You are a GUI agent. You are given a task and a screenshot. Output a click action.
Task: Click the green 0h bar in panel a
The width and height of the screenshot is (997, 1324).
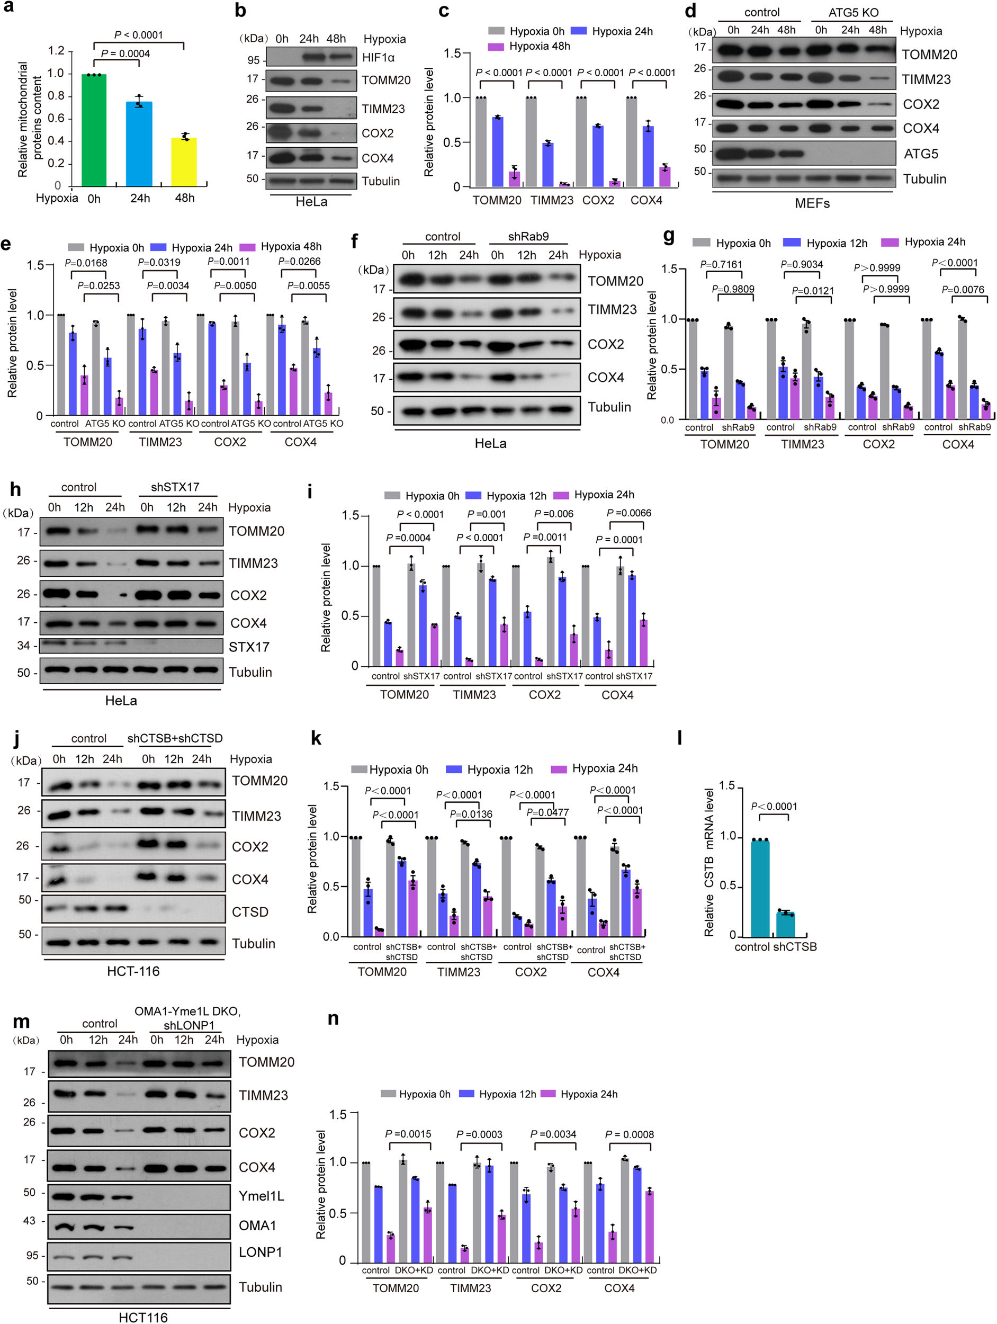(94, 130)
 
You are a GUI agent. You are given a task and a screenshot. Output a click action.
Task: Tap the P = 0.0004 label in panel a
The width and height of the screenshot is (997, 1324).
(125, 54)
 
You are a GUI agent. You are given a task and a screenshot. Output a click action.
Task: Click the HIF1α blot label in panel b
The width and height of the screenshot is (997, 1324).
(378, 57)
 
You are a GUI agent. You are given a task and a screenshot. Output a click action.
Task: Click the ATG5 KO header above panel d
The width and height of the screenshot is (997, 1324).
(853, 13)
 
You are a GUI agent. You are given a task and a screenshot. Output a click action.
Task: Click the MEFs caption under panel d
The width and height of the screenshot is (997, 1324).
(812, 203)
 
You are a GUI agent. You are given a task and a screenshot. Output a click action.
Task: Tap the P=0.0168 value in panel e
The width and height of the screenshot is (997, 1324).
(86, 262)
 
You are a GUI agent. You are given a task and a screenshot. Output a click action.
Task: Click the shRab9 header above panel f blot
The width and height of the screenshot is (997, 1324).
(528, 236)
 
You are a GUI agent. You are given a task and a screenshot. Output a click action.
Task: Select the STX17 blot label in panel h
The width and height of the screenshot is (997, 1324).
(249, 647)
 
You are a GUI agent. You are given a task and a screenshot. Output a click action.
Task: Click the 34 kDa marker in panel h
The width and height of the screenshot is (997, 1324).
(23, 645)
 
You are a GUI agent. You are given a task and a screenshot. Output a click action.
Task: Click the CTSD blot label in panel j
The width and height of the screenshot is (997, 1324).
(250, 911)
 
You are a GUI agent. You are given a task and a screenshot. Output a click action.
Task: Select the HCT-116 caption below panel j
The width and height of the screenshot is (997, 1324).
(133, 971)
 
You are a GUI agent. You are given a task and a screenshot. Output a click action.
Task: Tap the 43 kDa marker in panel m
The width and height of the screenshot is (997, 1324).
(29, 1220)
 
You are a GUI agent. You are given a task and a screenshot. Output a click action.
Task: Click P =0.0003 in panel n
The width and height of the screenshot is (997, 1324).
(479, 1134)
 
